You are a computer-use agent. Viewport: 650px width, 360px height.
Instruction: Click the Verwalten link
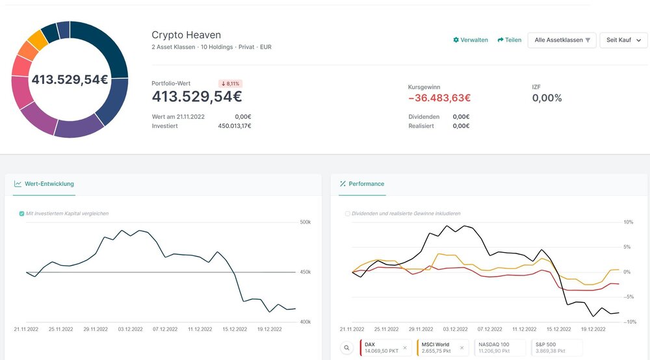(x=471, y=40)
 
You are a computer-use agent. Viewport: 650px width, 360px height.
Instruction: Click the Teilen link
(x=510, y=40)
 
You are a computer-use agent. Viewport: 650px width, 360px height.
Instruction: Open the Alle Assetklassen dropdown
(x=562, y=40)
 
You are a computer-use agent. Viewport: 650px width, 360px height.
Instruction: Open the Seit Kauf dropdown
(x=623, y=40)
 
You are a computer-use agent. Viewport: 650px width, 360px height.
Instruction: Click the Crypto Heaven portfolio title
(x=186, y=35)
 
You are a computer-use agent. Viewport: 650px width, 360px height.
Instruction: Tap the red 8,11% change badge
(x=230, y=84)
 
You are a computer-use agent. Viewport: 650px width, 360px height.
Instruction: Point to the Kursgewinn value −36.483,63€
(x=439, y=98)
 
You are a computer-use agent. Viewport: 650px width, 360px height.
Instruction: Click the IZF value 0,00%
(x=547, y=98)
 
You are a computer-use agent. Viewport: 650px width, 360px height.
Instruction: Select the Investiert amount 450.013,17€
(x=234, y=126)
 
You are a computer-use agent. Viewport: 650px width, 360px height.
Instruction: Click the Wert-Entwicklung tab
(x=44, y=184)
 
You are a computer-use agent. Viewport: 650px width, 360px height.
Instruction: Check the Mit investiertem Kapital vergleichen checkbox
(x=22, y=213)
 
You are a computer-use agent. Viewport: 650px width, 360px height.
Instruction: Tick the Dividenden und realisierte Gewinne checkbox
(x=348, y=213)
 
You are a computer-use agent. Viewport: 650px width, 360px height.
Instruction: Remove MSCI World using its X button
(x=462, y=348)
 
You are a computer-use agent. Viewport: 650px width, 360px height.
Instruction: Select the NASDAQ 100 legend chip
(x=499, y=348)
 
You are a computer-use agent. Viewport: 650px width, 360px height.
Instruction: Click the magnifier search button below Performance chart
(x=347, y=348)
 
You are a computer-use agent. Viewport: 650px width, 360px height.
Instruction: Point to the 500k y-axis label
(x=305, y=222)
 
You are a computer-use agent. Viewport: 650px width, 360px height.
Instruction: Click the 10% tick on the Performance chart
(x=628, y=222)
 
